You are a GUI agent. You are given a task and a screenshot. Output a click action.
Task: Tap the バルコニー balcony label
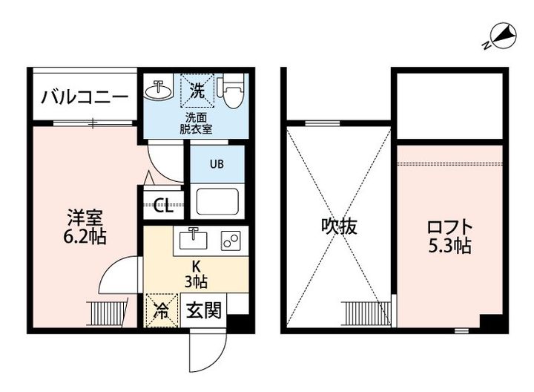coord(85,97)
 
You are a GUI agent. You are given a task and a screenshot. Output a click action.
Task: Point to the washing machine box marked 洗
coord(197,91)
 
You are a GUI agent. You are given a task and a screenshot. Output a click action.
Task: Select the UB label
coord(216,164)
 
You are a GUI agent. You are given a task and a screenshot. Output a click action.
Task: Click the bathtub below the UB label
coord(216,202)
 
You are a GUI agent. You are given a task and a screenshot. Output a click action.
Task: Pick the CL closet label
coord(163,206)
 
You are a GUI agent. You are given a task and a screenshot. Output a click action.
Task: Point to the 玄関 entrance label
coord(202,310)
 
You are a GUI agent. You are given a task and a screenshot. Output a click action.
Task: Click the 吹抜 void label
coord(339,226)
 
